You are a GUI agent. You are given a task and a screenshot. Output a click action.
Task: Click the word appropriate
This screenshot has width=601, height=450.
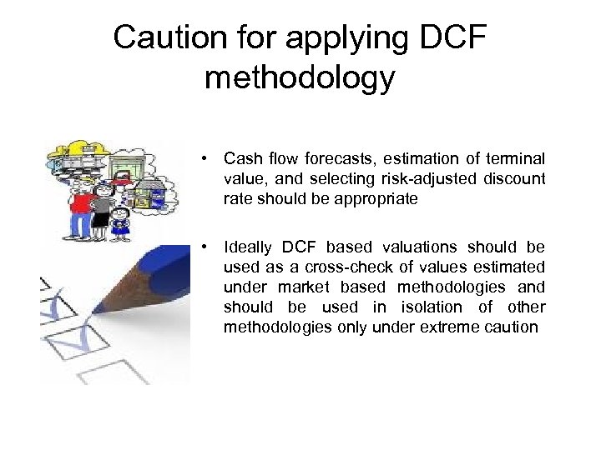(x=371, y=199)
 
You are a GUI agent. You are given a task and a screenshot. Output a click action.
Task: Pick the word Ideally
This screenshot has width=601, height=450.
(x=249, y=247)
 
